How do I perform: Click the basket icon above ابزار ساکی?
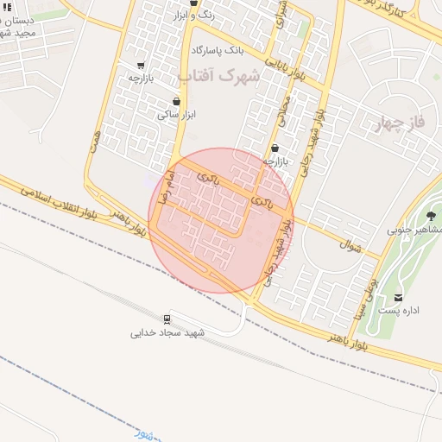[177, 102]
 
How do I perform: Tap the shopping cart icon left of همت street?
[141, 66]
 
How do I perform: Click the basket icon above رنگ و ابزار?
[194, 3]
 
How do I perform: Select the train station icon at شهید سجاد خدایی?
[167, 319]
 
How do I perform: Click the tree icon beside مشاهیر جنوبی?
[431, 215]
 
